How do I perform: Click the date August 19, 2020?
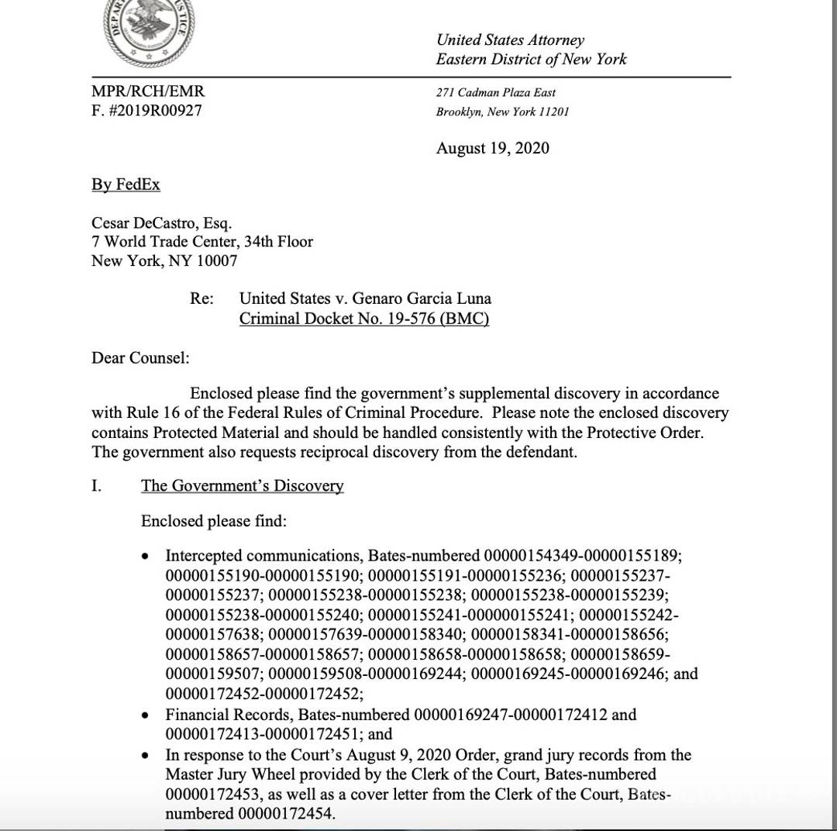(x=492, y=148)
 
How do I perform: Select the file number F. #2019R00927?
(x=146, y=110)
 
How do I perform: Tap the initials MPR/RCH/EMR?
(x=148, y=91)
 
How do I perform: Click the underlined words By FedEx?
(x=126, y=184)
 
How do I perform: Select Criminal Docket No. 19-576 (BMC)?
(x=363, y=318)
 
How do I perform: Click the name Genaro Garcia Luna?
(x=418, y=298)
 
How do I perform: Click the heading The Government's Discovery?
(x=242, y=486)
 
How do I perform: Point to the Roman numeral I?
(x=97, y=486)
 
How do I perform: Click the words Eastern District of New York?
(x=531, y=59)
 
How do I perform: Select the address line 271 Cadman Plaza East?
(x=496, y=92)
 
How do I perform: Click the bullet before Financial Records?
(x=146, y=715)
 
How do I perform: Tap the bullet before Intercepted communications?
(x=146, y=557)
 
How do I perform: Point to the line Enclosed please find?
(x=213, y=521)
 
